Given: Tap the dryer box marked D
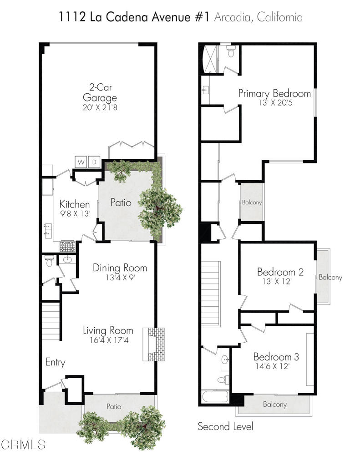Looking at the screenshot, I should (x=95, y=162).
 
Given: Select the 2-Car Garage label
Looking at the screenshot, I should (x=100, y=92).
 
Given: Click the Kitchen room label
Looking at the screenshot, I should (x=75, y=204).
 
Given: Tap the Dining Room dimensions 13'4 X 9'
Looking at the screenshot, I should (x=120, y=277).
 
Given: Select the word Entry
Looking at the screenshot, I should (x=55, y=363).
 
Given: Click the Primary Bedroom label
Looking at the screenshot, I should (x=274, y=94).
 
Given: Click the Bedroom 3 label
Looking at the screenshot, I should (x=276, y=356).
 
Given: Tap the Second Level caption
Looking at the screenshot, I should (x=225, y=426).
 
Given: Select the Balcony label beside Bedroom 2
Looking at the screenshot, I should (x=330, y=277).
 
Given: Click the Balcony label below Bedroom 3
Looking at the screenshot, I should (x=275, y=404).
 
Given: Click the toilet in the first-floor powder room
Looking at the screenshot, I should (x=50, y=260).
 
